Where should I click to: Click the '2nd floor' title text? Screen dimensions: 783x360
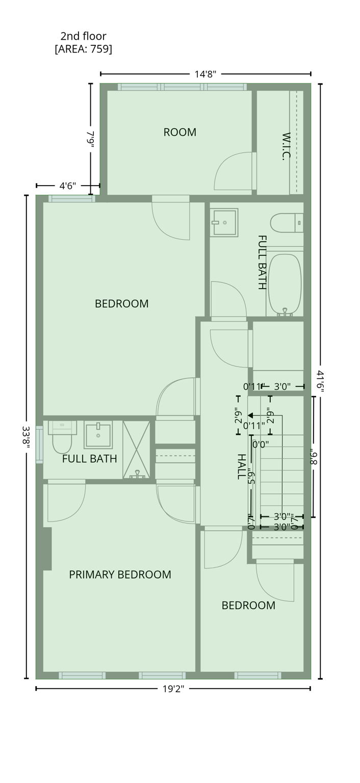point(83,36)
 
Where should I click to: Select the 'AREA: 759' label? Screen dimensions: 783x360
point(83,49)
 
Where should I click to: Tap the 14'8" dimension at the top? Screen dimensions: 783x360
point(205,74)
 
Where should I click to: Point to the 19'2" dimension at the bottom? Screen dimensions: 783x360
point(173,689)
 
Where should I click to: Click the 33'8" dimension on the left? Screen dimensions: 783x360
point(27,437)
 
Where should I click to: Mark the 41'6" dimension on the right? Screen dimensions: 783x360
point(320,381)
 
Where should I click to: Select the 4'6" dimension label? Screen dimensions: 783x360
point(66,186)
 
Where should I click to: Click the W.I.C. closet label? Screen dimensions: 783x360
point(286,146)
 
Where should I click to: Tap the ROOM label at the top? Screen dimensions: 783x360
point(179,132)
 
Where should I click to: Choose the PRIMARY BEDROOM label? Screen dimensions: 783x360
point(120,575)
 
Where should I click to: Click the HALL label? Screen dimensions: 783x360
point(241,466)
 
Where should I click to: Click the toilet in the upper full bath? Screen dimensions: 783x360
point(287,223)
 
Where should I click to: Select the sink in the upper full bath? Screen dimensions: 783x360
point(224,222)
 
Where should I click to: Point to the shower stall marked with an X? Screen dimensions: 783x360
point(136,449)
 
